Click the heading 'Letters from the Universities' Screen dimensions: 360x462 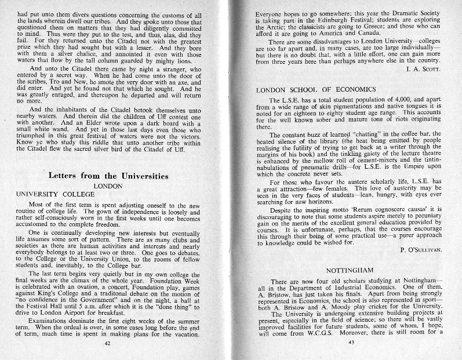click(x=108, y=176)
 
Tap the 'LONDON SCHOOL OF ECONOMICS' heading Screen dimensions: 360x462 click(x=316, y=89)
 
